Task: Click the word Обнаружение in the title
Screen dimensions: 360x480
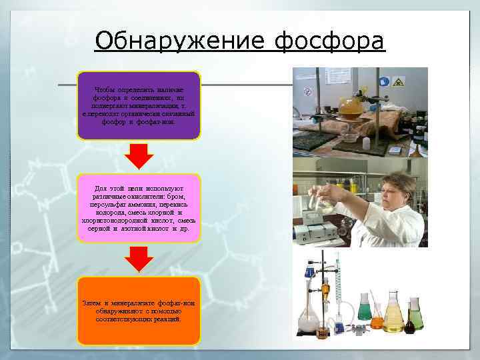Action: (181, 41)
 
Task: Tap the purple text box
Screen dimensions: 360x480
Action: (138, 105)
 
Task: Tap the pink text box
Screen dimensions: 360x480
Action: (138, 208)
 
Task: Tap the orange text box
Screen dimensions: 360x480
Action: (138, 311)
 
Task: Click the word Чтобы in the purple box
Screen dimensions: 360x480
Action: (105, 89)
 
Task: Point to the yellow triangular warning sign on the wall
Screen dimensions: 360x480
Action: (398, 82)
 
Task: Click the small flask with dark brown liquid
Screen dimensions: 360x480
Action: (409, 324)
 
